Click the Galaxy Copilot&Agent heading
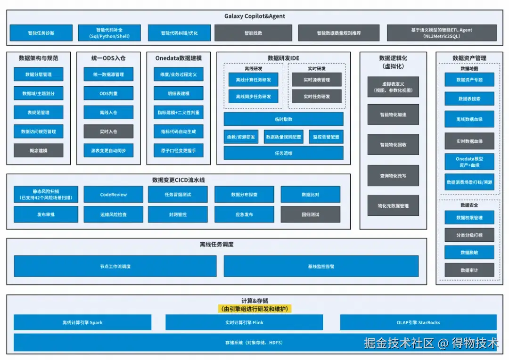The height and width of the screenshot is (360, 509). coord(254,16)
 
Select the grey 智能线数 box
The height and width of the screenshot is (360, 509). coord(253,33)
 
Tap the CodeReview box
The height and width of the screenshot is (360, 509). coord(113,195)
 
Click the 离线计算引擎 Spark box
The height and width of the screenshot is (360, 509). coord(82,323)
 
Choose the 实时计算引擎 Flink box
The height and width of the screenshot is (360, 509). coord(244,323)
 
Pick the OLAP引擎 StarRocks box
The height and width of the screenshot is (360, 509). coord(418,323)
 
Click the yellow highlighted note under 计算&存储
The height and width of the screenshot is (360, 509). coord(254,309)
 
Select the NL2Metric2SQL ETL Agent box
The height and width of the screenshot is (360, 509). coord(442,33)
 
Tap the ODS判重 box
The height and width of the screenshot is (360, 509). coord(108,93)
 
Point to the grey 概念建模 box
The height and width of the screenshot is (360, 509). coord(38,150)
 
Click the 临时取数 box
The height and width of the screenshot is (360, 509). coord(283,119)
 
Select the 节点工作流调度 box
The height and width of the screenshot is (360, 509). coord(115,266)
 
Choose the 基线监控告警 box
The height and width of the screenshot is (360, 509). coord(321,266)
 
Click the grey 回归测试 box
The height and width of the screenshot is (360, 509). coord(310,214)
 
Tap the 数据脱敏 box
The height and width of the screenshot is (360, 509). coord(469,253)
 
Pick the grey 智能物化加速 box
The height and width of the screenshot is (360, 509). coord(393,115)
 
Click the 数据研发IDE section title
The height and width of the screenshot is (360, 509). coord(283,58)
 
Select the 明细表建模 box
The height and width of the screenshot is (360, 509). coord(178,93)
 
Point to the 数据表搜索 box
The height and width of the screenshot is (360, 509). coord(469,99)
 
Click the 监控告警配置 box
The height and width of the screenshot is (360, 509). coord(326,137)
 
